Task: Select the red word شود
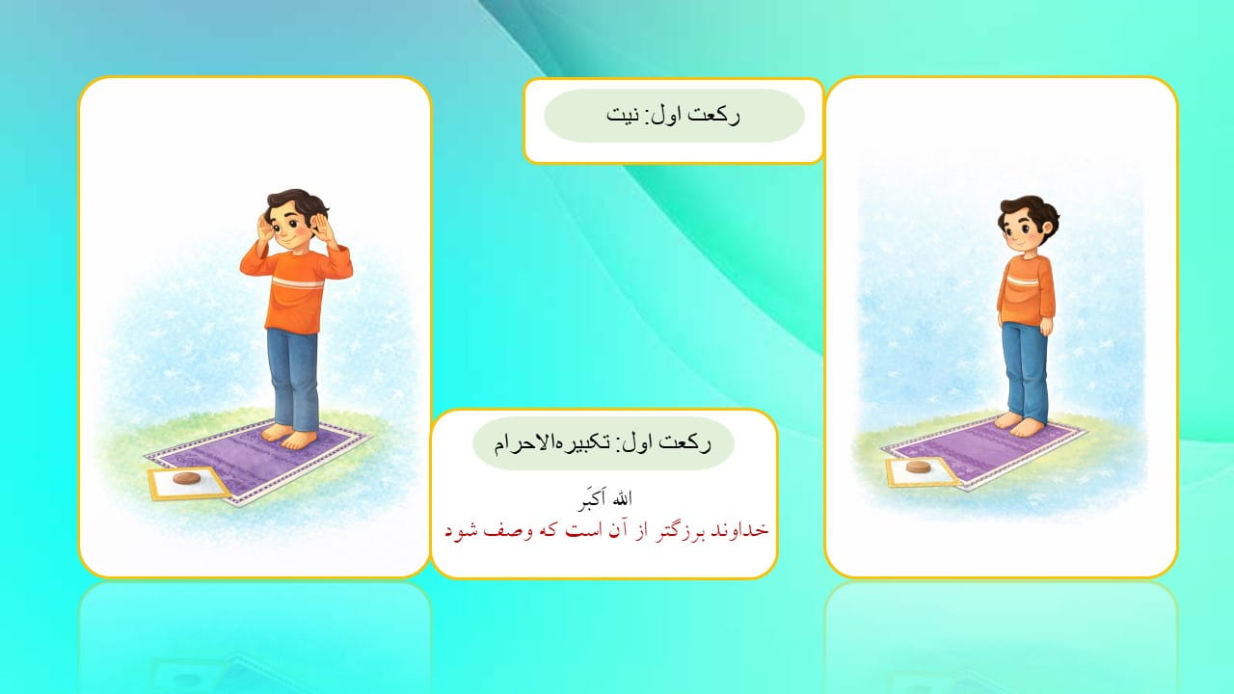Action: pos(462,531)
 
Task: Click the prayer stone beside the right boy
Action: pos(919,467)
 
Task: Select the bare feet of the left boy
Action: pos(291,436)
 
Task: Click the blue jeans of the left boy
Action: pos(292,376)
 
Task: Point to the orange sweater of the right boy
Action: pos(1027,289)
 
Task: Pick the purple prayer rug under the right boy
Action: pos(983,448)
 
